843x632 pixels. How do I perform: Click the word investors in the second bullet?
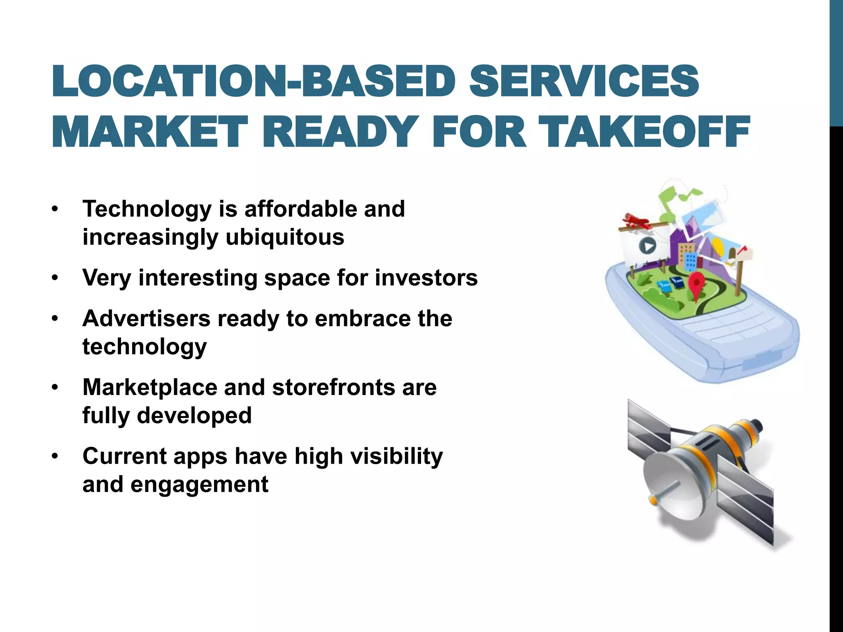[426, 278]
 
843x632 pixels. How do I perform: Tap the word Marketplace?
[150, 388]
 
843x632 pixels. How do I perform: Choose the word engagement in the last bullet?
[200, 484]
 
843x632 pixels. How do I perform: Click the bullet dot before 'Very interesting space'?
[55, 279]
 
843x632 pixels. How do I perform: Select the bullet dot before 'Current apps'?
[55, 457]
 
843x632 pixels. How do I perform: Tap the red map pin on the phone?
[696, 283]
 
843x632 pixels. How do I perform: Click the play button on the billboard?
[647, 246]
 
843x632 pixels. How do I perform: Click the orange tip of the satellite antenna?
[652, 499]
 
